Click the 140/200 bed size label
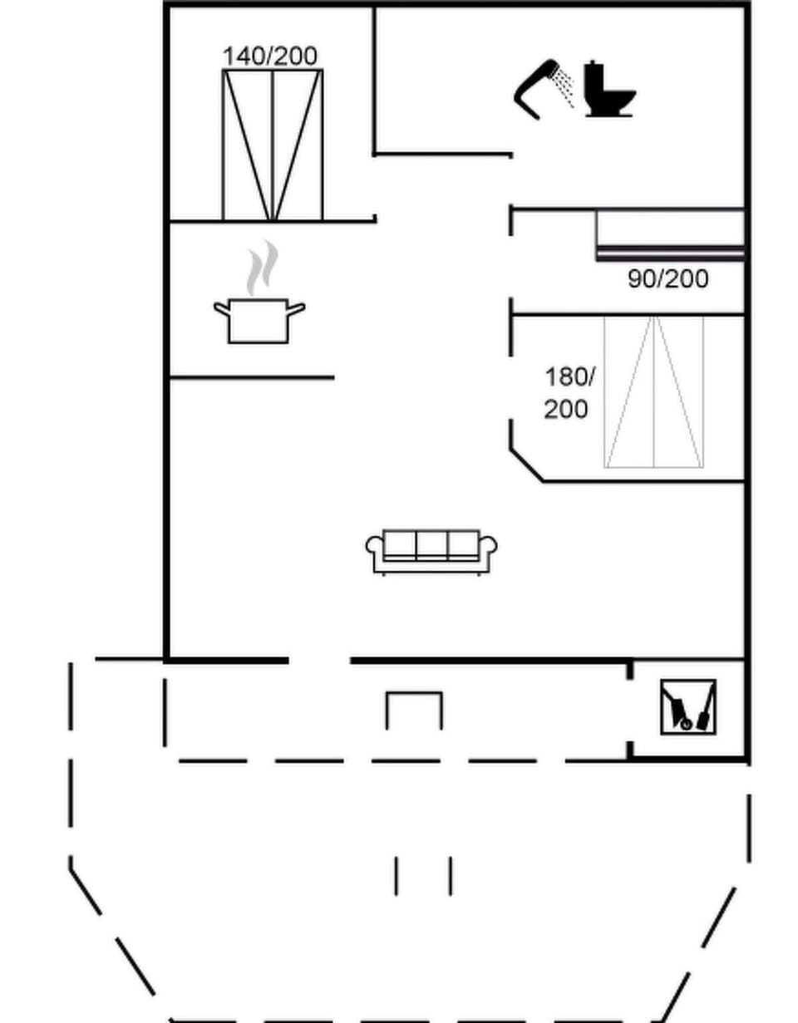[x=269, y=57]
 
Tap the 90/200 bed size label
[x=667, y=279]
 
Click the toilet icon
[x=608, y=90]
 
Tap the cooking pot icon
[x=259, y=321]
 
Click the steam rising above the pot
[x=263, y=267]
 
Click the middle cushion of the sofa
[x=431, y=544]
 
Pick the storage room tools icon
[x=687, y=706]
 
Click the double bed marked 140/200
[x=272, y=145]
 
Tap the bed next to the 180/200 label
[x=653, y=391]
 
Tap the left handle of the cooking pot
[x=221, y=308]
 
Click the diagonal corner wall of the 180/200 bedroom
[x=526, y=465]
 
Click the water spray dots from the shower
[x=564, y=88]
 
